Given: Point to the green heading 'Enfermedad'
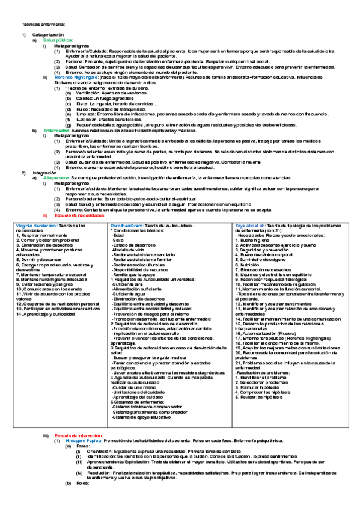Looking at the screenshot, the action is [57, 130].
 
